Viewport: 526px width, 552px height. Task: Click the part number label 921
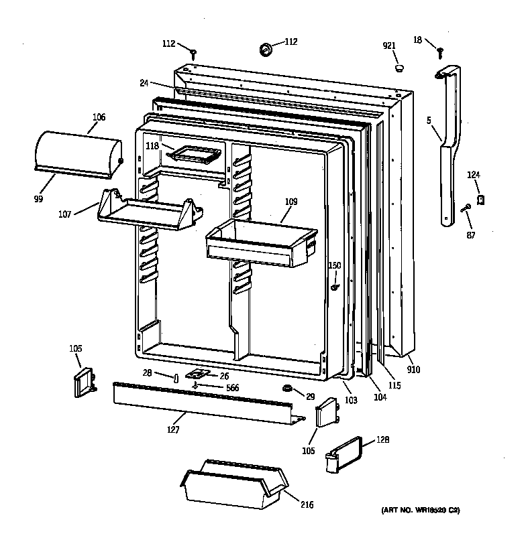pos(389,46)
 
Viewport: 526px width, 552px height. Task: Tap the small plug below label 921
pos(399,67)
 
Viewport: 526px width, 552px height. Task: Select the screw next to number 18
pos(441,50)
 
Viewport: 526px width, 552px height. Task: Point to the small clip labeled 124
pos(480,199)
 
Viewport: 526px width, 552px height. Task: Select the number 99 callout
pos(38,199)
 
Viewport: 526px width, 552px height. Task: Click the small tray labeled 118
pos(195,155)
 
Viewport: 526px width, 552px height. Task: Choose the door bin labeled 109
pos(262,243)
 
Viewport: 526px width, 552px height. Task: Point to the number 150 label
pos(335,265)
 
